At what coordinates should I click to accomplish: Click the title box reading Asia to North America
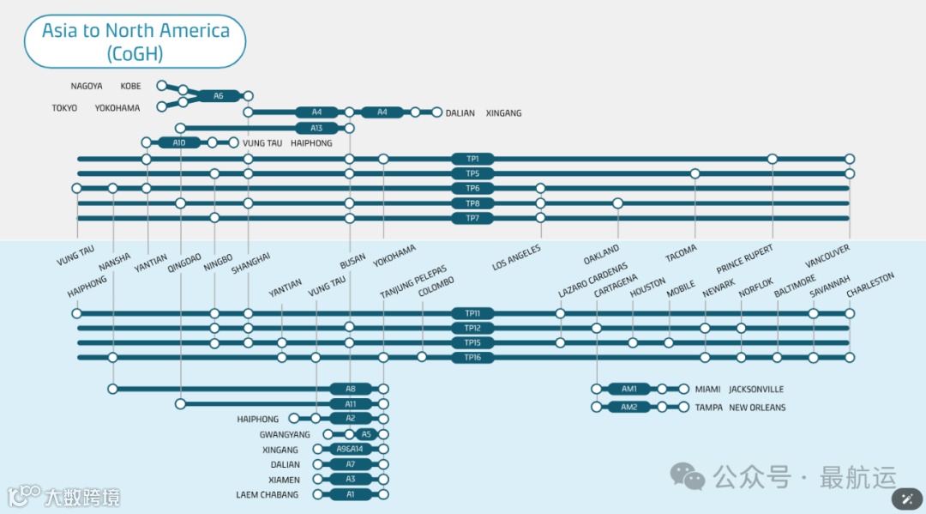click(135, 41)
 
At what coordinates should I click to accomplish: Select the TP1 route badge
click(472, 159)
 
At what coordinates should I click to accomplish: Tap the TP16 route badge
click(472, 357)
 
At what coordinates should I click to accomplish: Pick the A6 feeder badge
click(218, 96)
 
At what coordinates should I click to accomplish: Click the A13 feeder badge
click(316, 128)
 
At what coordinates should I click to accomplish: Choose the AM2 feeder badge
click(628, 407)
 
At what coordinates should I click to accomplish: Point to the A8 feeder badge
click(350, 389)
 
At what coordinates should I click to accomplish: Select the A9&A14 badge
click(350, 449)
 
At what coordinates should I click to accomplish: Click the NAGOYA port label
click(87, 86)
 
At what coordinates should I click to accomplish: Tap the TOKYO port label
click(64, 108)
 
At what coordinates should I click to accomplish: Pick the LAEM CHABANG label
click(268, 495)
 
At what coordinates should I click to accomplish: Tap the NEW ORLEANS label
click(757, 408)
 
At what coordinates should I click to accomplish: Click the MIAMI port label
click(708, 390)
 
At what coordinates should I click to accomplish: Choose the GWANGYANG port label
click(285, 435)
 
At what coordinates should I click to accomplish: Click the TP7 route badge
click(472, 218)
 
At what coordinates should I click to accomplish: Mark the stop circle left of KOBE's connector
click(161, 86)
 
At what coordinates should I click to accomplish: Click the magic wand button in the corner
click(907, 499)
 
